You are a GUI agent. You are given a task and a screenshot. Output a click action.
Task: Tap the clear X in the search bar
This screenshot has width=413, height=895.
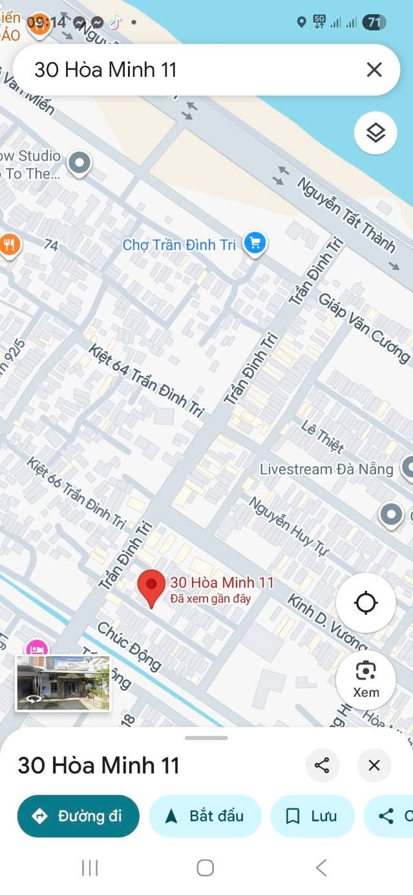pyautogui.click(x=374, y=70)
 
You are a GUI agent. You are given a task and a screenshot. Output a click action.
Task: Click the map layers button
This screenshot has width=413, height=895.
pyautogui.click(x=376, y=132)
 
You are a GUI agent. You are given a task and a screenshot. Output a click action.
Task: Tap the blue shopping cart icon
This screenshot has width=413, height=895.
pyautogui.click(x=255, y=243)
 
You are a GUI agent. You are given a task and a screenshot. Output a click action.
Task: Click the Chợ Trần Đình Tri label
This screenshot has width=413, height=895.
pyautogui.click(x=179, y=245)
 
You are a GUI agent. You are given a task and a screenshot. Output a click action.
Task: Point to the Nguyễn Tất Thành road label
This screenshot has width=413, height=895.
pyautogui.click(x=346, y=214)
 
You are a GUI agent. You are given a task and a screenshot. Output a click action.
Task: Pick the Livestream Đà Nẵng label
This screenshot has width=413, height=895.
pyautogui.click(x=326, y=469)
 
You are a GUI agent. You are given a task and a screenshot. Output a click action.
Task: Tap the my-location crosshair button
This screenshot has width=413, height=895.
pyautogui.click(x=366, y=602)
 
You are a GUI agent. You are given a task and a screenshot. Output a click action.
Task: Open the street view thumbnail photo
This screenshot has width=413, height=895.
pyautogui.click(x=63, y=683)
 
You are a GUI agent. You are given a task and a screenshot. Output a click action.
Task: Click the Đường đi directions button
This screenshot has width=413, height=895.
pyautogui.click(x=78, y=816)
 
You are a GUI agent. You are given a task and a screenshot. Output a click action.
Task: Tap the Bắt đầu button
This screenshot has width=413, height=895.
pyautogui.click(x=205, y=816)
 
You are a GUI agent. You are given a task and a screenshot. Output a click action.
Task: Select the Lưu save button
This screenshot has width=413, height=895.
pyautogui.click(x=312, y=816)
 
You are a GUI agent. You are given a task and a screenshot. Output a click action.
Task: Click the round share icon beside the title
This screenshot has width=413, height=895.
pyautogui.click(x=322, y=765)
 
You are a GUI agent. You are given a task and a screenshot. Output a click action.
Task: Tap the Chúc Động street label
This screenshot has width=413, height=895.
pyautogui.click(x=129, y=646)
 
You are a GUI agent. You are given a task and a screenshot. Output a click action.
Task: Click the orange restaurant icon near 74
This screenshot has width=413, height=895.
pyautogui.click(x=10, y=245)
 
